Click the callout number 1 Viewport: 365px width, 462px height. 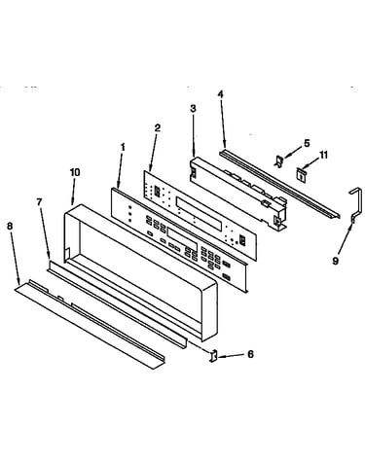tap(123, 148)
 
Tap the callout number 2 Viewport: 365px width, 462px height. tap(158, 128)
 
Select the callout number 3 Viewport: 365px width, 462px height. tap(193, 109)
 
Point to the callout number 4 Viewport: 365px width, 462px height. tap(221, 94)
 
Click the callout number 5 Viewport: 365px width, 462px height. tap(307, 143)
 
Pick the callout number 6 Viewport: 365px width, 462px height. tap(250, 354)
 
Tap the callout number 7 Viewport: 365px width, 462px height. tap(39, 202)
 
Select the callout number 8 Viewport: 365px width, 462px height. tap(10, 226)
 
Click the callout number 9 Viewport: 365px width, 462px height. tap(336, 261)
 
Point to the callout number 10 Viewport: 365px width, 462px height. tap(75, 172)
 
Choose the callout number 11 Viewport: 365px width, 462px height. tap(323, 155)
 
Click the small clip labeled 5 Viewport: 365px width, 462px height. tap(278, 161)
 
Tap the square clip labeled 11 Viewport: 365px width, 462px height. tap(302, 175)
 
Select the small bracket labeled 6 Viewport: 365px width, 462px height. tap(213, 356)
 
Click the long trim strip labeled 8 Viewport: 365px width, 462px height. tap(90, 324)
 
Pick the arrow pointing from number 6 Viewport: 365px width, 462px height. tap(231, 356)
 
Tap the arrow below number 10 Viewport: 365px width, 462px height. tap(73, 192)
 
